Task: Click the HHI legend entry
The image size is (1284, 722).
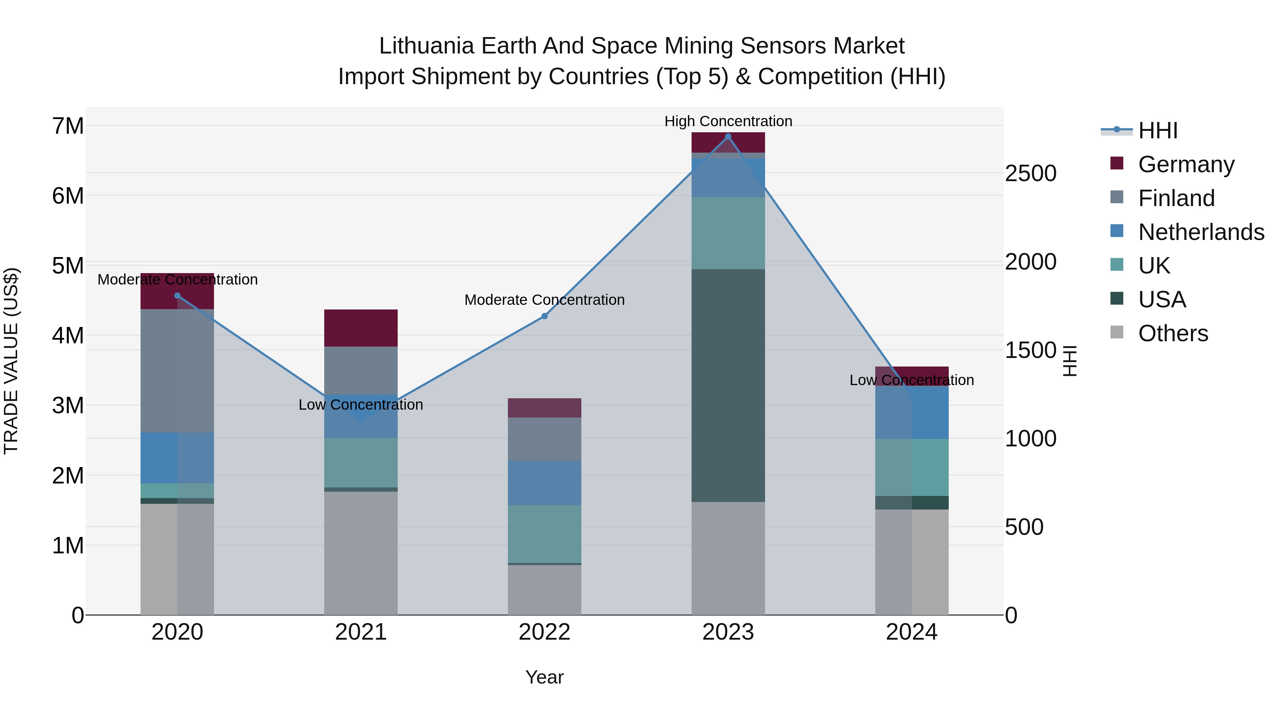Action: [1157, 130]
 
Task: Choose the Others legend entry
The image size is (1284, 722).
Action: [1173, 333]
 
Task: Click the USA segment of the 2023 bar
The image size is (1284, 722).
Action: [728, 385]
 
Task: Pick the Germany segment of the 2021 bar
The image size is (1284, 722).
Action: [361, 328]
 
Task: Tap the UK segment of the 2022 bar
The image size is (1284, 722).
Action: [544, 534]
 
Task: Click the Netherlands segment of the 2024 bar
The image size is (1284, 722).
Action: [912, 413]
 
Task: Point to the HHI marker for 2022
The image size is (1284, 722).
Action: [544, 316]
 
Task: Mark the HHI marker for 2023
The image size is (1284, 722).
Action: [728, 137]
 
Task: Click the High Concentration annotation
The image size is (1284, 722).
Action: [728, 122]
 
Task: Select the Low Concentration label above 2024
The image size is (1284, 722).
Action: [911, 380]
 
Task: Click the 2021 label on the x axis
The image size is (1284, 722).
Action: [361, 632]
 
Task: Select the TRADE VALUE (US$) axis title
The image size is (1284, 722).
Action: [11, 361]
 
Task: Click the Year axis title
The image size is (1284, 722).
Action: [544, 677]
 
